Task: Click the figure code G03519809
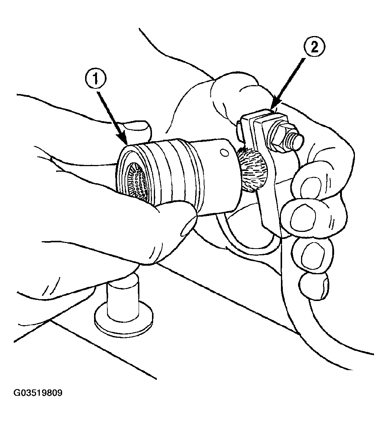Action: coord(38,393)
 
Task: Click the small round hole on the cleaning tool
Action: coord(224,153)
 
